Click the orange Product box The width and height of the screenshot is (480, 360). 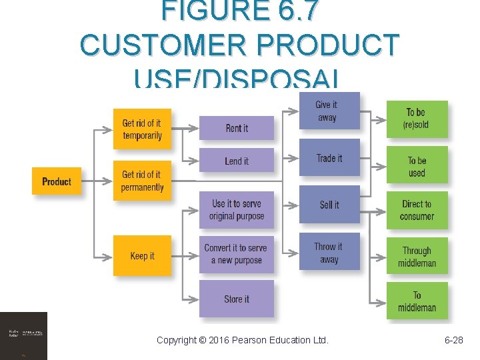pyautogui.click(x=57, y=181)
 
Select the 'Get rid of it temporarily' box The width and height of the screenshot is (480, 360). pyautogui.click(x=142, y=129)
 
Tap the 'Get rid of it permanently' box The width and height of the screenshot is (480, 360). pyautogui.click(x=142, y=181)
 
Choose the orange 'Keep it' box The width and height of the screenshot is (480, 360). pyautogui.click(x=142, y=255)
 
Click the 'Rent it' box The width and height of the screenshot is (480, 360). pyautogui.click(x=237, y=128)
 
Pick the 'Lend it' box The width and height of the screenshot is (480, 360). pyautogui.click(x=237, y=161)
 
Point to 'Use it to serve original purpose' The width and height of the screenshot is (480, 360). pyautogui.click(x=237, y=210)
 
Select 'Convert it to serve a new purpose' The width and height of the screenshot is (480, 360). pyautogui.click(x=237, y=254)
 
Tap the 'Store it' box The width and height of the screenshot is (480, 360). pyautogui.click(x=237, y=299)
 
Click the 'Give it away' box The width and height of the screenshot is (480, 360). pyautogui.click(x=329, y=111)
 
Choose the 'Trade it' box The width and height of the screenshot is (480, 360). pyautogui.click(x=329, y=158)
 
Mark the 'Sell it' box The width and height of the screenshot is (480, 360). pyautogui.click(x=329, y=205)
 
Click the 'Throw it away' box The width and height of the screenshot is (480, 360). pyautogui.click(x=329, y=252)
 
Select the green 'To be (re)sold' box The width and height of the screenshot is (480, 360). pyautogui.click(x=417, y=119)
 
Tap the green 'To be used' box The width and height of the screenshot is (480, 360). pyautogui.click(x=417, y=167)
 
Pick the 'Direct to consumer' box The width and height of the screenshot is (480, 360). pyautogui.click(x=417, y=210)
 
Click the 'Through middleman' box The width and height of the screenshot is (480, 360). pyautogui.click(x=417, y=257)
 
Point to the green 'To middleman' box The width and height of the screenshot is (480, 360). pyautogui.click(x=417, y=301)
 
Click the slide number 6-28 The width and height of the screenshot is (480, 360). pyautogui.click(x=453, y=340)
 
